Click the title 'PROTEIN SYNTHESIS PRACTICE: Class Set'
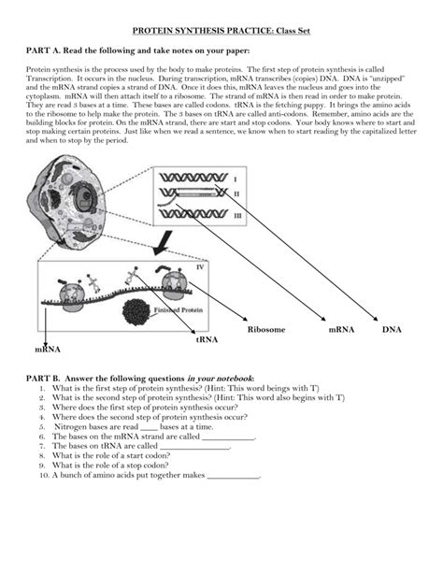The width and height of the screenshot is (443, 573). tap(221, 31)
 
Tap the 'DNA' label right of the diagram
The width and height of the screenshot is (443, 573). tap(392, 330)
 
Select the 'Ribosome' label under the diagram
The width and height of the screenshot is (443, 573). tap(266, 330)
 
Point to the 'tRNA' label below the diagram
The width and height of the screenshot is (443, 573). tap(206, 340)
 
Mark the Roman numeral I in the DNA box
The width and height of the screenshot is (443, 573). tap(235, 179)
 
